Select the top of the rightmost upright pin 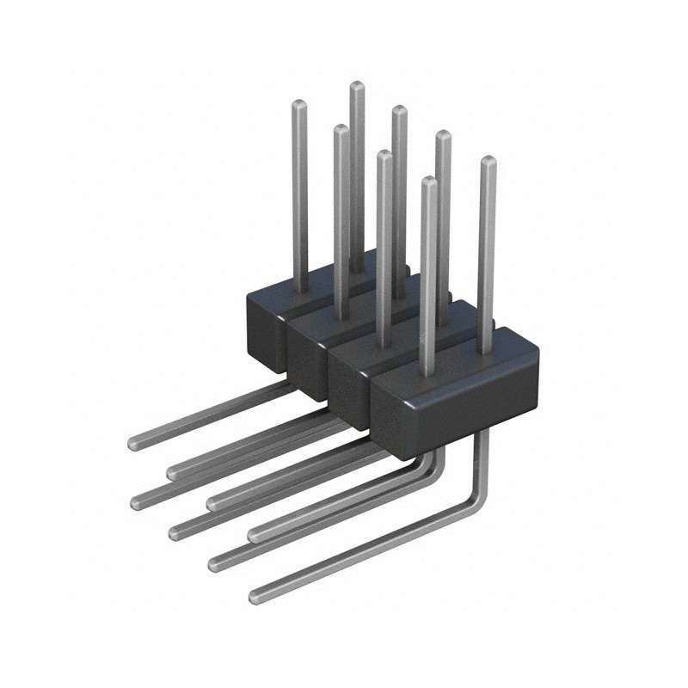488,161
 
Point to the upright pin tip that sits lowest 429,181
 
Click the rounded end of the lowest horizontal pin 255,596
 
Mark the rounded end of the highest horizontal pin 135,444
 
